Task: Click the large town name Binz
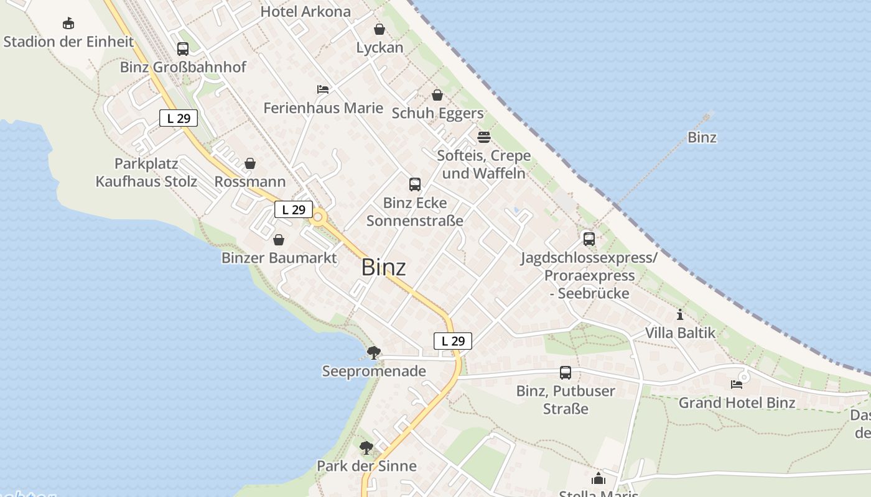tap(383, 267)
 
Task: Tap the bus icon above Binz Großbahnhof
tap(183, 48)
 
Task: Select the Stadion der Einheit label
tap(68, 42)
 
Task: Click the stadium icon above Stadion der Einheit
tap(68, 24)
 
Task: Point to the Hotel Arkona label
tap(305, 12)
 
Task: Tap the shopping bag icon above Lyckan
tap(380, 29)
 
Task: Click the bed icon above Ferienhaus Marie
tap(323, 89)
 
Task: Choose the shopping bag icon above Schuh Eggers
tap(437, 95)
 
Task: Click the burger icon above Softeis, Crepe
tap(484, 137)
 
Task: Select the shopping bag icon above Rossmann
tap(250, 163)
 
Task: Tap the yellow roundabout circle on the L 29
tap(319, 217)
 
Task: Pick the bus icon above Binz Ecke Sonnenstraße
tap(415, 184)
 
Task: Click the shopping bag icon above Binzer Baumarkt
tap(279, 240)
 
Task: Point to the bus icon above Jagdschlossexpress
tap(589, 239)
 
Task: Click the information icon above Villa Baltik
tap(680, 314)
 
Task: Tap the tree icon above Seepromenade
tap(373, 353)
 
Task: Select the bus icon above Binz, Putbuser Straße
tap(566, 373)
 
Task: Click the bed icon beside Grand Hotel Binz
tap(737, 384)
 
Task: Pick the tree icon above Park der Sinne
tap(366, 447)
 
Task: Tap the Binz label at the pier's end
tap(702, 137)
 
